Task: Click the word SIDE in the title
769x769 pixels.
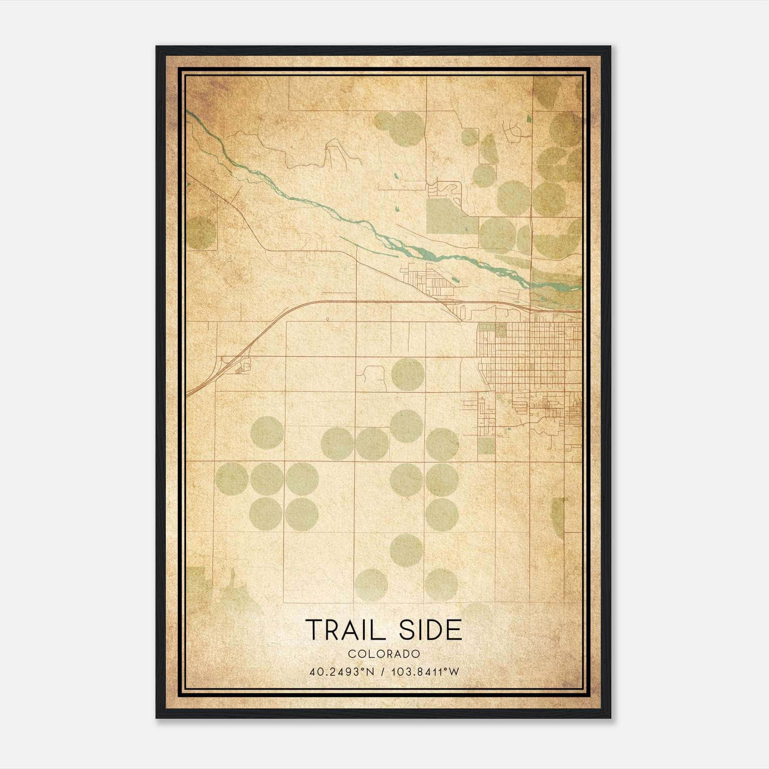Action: pyautogui.click(x=431, y=630)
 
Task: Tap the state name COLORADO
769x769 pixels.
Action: pyautogui.click(x=384, y=654)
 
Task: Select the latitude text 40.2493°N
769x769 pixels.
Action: pyautogui.click(x=342, y=671)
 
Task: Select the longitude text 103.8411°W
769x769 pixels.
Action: pyautogui.click(x=425, y=671)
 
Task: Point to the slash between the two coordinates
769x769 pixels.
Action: pyautogui.click(x=384, y=671)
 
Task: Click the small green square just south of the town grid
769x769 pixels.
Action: pyautogui.click(x=486, y=446)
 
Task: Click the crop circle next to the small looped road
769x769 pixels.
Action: pyautogui.click(x=408, y=374)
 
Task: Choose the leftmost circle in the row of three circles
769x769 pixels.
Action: pyautogui.click(x=232, y=479)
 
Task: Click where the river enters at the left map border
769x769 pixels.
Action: pyautogui.click(x=189, y=114)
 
